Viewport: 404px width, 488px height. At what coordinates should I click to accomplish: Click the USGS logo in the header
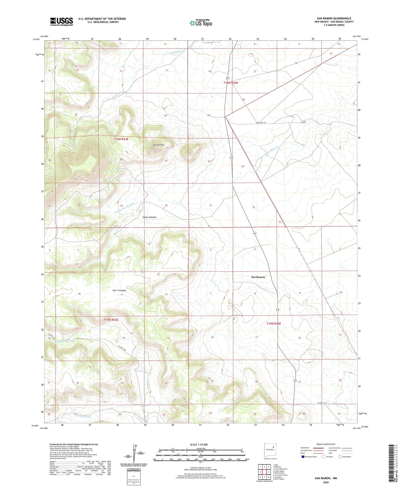(61, 22)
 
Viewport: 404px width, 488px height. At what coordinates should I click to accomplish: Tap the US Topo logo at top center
(201, 23)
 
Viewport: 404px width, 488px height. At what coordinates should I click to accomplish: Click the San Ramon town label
(258, 277)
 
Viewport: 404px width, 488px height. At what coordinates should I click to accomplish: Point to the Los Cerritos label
(158, 145)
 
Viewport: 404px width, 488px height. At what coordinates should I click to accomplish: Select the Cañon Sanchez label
(149, 217)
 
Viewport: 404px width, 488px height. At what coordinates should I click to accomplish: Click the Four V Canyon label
(119, 290)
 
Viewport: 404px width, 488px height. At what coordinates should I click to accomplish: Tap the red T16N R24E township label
(231, 83)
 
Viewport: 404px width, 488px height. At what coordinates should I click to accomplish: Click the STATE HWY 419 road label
(263, 123)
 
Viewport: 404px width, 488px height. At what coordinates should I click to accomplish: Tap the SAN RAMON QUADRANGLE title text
(334, 18)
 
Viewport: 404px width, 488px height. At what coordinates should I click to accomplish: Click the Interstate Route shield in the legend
(303, 457)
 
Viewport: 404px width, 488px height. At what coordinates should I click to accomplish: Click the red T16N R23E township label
(121, 139)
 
